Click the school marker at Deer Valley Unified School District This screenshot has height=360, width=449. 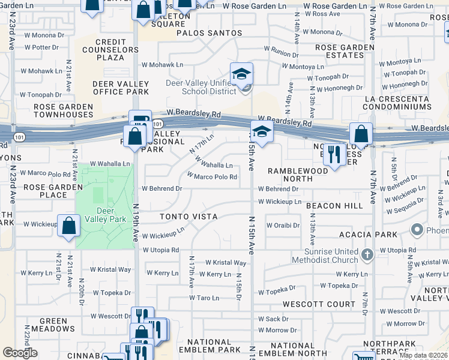click(242, 74)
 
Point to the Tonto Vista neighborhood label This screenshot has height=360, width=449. click(188, 216)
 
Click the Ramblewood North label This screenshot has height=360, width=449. click(298, 175)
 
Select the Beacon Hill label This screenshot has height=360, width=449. click(334, 205)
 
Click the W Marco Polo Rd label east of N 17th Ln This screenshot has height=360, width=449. click(212, 177)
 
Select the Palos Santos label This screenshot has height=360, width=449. click(209, 33)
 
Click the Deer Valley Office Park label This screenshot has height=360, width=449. click(121, 88)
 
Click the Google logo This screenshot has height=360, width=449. click(20, 353)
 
